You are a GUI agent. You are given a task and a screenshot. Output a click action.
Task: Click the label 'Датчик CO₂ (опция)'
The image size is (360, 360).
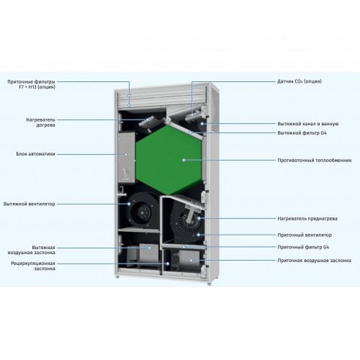(300, 81)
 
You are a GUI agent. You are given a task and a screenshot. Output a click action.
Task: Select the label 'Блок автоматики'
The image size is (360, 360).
(35, 154)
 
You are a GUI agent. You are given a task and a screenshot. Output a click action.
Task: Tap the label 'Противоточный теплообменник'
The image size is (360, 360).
(315, 160)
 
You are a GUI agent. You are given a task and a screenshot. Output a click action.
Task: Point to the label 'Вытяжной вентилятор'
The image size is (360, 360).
(30, 204)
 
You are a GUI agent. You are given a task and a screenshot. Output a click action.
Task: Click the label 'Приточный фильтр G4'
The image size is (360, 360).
(303, 247)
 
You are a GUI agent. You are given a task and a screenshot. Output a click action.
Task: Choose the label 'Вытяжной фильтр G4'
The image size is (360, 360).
(302, 132)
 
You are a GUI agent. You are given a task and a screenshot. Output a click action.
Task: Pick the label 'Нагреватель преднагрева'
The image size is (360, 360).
(307, 219)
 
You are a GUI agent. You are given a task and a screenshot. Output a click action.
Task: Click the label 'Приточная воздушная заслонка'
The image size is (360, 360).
(314, 261)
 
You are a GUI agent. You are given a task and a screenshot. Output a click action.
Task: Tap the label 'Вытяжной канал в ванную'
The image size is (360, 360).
(308, 124)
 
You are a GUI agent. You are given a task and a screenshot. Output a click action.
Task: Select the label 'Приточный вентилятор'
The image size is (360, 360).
(305, 235)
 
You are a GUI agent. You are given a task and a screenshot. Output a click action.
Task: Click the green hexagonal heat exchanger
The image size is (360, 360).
(168, 160)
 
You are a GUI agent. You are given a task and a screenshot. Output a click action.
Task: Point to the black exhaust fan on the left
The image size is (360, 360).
(143, 210)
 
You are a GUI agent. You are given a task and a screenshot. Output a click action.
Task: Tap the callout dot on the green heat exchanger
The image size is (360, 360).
(184, 160)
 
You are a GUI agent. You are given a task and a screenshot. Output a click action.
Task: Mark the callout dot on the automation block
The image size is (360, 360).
(126, 155)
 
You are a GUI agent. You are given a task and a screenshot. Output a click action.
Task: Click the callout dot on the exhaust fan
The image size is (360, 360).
(129, 204)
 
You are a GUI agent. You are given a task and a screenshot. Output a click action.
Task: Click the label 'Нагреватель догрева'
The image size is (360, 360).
(40, 122)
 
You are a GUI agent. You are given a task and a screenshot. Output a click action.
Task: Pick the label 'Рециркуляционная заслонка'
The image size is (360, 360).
(33, 266)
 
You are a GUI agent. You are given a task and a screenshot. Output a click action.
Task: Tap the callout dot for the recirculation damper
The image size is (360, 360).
(168, 264)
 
